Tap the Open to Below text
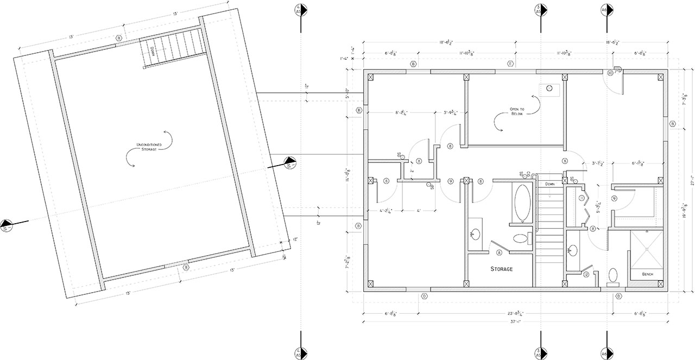(516, 112)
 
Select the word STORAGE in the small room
(502, 269)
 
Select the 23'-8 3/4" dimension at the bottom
(516, 313)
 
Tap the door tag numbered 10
(610, 73)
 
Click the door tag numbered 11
(582, 198)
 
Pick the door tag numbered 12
(586, 275)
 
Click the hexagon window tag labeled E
(510, 64)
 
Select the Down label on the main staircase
(549, 184)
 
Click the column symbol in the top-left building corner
(371, 77)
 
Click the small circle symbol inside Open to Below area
(549, 88)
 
